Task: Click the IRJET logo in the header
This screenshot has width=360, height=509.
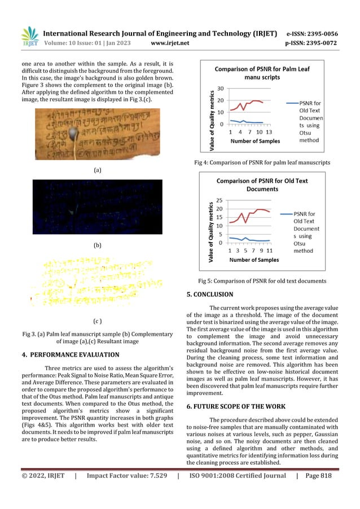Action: click(x=29, y=36)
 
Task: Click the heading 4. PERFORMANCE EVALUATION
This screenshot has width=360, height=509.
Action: click(x=71, y=355)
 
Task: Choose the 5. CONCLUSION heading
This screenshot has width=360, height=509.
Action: click(x=209, y=294)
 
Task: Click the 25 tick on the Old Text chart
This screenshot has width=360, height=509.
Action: click(x=219, y=200)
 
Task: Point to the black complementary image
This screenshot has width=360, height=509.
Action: click(x=97, y=207)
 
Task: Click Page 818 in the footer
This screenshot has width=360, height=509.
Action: click(x=319, y=492)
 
